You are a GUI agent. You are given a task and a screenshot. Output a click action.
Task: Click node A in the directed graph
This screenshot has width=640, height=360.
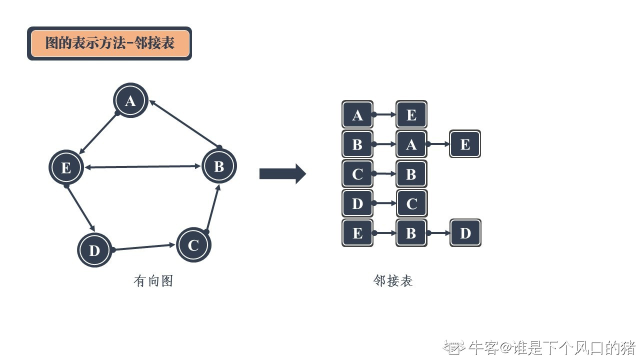coord(130,101)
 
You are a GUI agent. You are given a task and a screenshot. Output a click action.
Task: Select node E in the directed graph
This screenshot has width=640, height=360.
coord(66,167)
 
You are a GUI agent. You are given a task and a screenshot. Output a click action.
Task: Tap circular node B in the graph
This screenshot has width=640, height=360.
coord(219,166)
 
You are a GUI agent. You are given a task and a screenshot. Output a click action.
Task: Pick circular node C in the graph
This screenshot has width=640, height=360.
coord(193,245)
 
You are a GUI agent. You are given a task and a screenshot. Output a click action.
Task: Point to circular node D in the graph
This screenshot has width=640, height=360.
coord(94,250)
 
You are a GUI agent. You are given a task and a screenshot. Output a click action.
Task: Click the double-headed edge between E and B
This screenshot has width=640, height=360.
coord(142,167)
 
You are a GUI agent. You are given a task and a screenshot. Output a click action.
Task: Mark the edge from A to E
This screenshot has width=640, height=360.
coord(98,133)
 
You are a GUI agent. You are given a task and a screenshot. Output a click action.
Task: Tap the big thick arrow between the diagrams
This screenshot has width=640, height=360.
coord(282,173)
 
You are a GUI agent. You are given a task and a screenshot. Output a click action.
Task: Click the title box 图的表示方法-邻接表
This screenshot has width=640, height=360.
coord(109,43)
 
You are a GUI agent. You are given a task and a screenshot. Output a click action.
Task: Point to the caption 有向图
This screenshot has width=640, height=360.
coord(153,281)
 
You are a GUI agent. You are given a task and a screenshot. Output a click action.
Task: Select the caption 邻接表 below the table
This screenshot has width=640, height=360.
coord(393,281)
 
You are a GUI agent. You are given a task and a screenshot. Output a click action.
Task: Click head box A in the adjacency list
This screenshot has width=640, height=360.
coord(357,114)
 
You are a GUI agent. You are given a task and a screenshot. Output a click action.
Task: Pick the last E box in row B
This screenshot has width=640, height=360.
coord(465,144)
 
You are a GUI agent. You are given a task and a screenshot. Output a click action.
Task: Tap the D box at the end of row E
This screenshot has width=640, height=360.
coord(465,232)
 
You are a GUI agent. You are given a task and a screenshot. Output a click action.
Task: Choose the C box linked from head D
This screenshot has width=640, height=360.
coord(411,203)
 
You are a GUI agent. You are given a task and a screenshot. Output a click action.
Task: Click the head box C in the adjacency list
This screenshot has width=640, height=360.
coord(357,173)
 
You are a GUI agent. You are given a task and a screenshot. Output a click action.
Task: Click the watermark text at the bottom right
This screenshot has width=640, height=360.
coord(540,347)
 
